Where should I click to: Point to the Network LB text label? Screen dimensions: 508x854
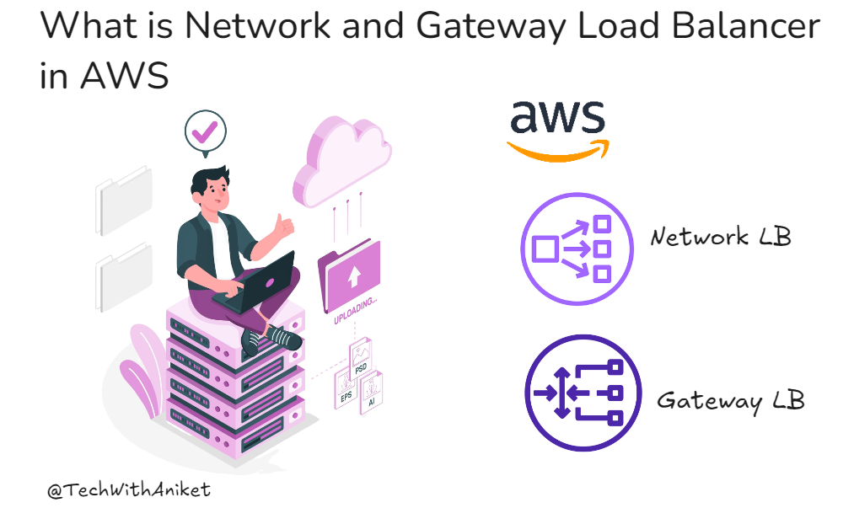(720, 237)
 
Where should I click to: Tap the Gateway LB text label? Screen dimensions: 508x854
(730, 399)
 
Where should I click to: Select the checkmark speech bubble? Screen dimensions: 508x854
(206, 133)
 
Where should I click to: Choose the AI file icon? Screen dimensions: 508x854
(372, 391)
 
